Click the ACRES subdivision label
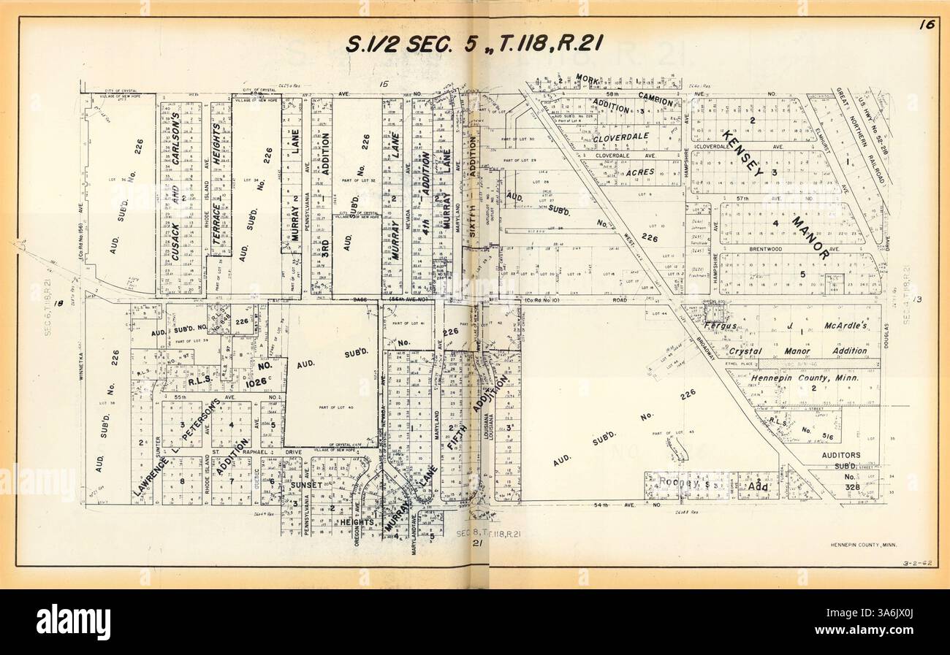(639, 172)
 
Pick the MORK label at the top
(586, 77)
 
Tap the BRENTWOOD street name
(765, 249)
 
